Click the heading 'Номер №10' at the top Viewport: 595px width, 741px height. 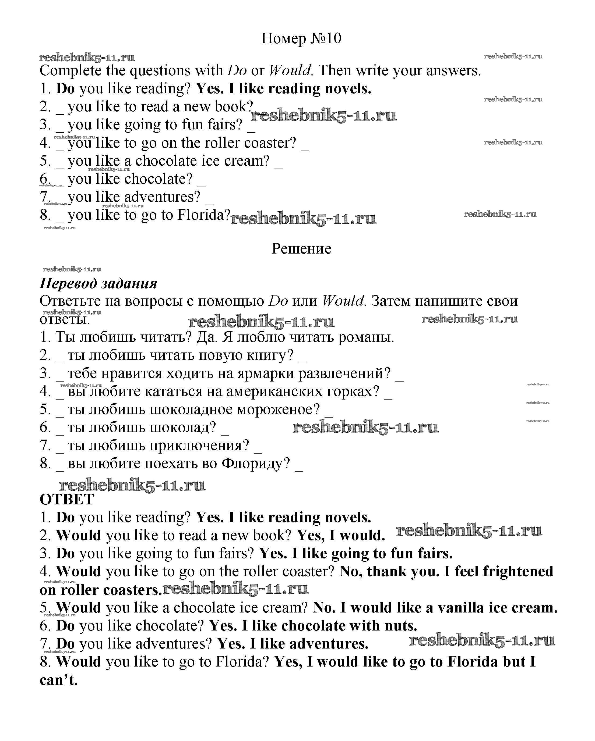pyautogui.click(x=301, y=38)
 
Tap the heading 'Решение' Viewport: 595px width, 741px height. pyautogui.click(x=301, y=248)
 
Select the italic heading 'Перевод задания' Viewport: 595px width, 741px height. pyautogui.click(x=98, y=283)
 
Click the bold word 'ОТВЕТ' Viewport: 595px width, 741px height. pyautogui.click(x=67, y=499)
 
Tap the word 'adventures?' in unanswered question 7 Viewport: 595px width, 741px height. pyautogui.click(x=162, y=197)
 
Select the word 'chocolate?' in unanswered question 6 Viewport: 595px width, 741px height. pyautogui.click(x=159, y=179)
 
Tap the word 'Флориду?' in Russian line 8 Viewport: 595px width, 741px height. pyautogui.click(x=256, y=463)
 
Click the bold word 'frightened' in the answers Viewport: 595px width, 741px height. pyautogui.click(x=518, y=572)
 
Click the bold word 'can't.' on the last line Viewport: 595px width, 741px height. pyautogui.click(x=59, y=680)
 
